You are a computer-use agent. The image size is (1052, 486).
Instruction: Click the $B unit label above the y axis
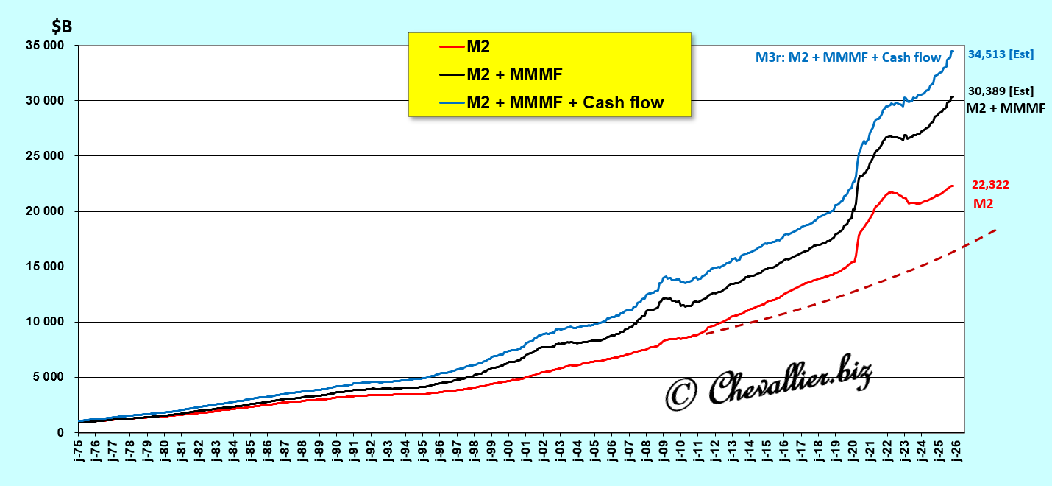tap(62, 27)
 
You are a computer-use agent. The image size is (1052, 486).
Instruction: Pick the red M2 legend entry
tap(478, 47)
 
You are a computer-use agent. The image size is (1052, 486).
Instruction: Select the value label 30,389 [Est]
tap(1001, 91)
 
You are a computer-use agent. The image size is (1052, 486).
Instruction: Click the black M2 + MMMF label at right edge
tap(1005, 108)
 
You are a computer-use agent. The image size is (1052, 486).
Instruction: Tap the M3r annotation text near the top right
tap(848, 57)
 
